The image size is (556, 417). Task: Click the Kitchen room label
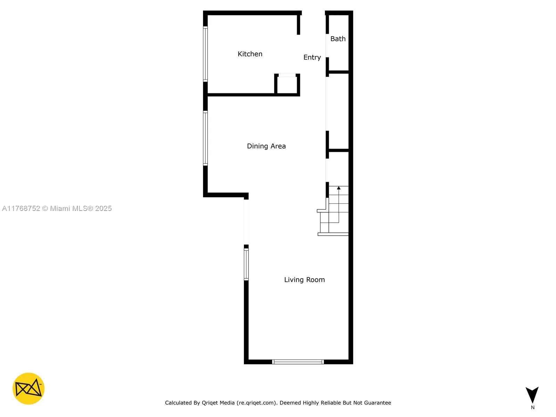(x=250, y=54)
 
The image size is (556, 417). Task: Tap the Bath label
(x=338, y=39)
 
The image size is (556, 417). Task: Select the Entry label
(x=312, y=57)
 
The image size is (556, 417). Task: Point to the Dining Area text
(x=266, y=146)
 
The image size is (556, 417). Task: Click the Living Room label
(x=304, y=280)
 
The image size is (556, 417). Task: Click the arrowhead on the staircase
(x=339, y=188)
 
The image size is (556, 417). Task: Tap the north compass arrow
(x=532, y=394)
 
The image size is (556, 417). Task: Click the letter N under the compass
(x=533, y=408)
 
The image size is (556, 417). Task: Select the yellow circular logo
(x=28, y=389)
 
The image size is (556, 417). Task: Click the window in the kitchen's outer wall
(x=205, y=54)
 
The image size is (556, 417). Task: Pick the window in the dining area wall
(x=205, y=138)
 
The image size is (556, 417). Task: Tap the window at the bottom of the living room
(x=298, y=362)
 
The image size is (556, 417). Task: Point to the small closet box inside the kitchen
(x=287, y=84)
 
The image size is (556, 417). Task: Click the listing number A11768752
(x=21, y=208)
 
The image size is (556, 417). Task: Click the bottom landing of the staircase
(x=333, y=234)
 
